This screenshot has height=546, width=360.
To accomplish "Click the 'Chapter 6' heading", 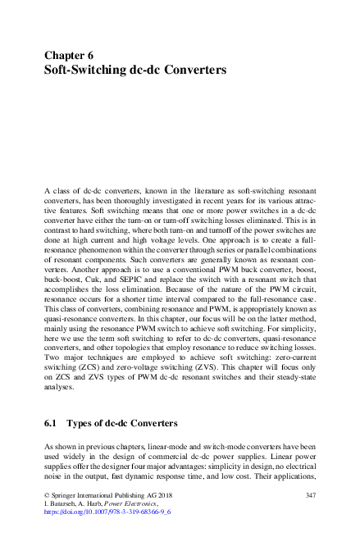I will coord(70,56).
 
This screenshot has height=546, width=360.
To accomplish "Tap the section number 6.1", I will coord(51,425).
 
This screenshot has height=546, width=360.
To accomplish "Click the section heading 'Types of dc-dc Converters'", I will coord(123,425).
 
